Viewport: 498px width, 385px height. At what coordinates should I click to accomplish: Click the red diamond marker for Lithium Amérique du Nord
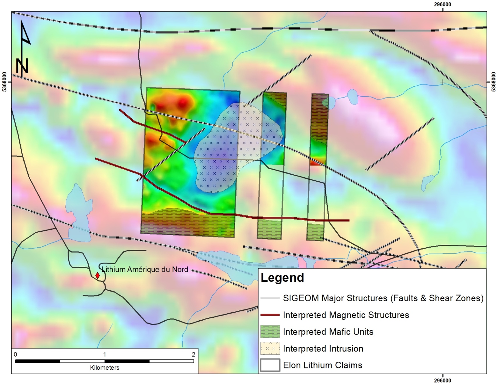98,275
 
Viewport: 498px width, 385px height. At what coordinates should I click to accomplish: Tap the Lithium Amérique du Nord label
145,269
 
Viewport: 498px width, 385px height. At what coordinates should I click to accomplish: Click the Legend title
282,278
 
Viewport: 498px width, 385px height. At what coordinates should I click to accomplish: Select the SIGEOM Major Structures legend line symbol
270,298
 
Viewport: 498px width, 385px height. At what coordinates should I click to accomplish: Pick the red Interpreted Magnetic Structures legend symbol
270,315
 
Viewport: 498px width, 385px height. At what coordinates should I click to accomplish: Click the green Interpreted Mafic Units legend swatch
270,331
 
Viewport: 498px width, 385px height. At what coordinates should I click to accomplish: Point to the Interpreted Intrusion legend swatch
270,348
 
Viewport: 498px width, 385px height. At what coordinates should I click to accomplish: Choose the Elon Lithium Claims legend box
270,365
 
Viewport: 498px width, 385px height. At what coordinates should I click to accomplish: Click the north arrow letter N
22,66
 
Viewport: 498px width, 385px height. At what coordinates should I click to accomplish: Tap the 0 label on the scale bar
16,354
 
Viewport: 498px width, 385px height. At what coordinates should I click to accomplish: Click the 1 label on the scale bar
105,354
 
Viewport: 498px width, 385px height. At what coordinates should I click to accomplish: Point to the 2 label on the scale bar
193,354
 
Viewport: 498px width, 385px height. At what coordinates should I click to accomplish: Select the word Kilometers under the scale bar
105,367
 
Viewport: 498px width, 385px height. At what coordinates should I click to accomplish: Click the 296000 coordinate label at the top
443,4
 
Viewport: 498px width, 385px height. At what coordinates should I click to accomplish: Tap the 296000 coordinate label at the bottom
443,381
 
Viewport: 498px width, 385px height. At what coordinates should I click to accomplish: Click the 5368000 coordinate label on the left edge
4,82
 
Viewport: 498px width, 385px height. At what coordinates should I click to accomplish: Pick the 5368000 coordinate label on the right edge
494,82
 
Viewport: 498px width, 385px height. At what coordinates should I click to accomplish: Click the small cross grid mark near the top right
443,82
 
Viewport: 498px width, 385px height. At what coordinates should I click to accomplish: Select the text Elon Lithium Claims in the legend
323,365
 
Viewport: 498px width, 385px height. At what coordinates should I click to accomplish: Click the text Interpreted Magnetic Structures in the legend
346,315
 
